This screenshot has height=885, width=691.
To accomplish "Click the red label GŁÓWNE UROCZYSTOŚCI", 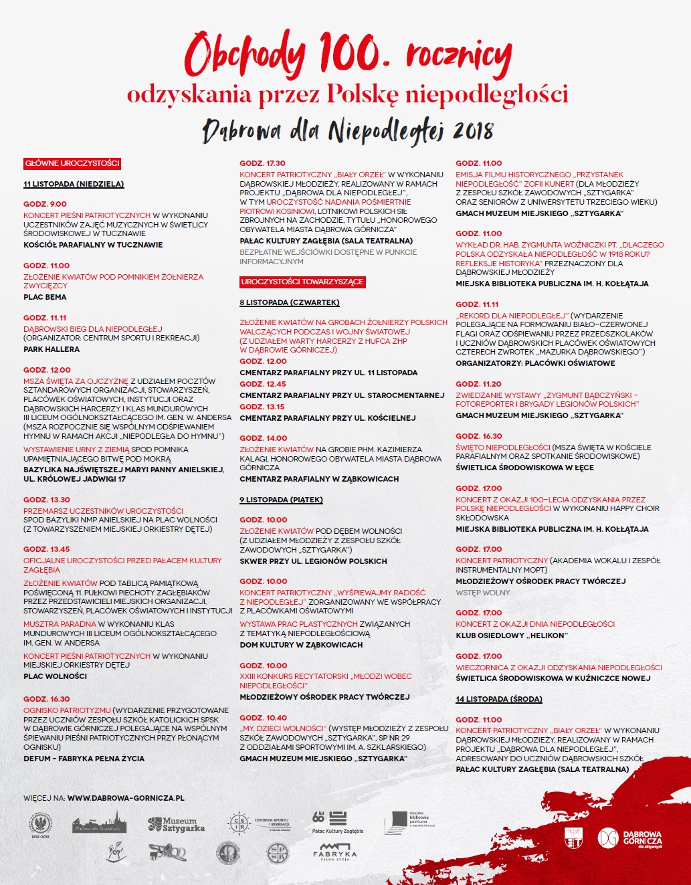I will [72, 163].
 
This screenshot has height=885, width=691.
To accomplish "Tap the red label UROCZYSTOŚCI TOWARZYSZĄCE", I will [302, 282].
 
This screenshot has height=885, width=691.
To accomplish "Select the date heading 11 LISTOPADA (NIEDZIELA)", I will [74, 184].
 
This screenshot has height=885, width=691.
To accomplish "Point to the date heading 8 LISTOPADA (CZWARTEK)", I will [289, 302].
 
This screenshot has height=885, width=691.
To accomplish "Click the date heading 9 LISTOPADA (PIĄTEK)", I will [281, 500].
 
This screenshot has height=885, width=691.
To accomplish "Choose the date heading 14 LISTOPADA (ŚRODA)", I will [498, 699].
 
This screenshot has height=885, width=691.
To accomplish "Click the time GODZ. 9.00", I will [45, 204].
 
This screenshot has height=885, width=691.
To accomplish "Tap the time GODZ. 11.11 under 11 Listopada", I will [45, 318].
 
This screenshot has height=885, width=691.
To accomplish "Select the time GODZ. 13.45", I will [46, 549].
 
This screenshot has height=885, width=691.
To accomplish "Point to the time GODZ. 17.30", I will [262, 163].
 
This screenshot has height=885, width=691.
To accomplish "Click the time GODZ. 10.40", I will [263, 718].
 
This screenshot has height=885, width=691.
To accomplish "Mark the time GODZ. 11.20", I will [478, 384].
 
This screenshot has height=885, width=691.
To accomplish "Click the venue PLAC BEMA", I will [45, 297].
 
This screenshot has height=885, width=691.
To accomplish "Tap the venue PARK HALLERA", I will [52, 349].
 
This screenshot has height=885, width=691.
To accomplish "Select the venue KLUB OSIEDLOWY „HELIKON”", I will [511, 635].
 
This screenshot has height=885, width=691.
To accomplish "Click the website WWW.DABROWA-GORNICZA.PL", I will [126, 798].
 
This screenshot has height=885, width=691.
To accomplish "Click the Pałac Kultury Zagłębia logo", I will [337, 822].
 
